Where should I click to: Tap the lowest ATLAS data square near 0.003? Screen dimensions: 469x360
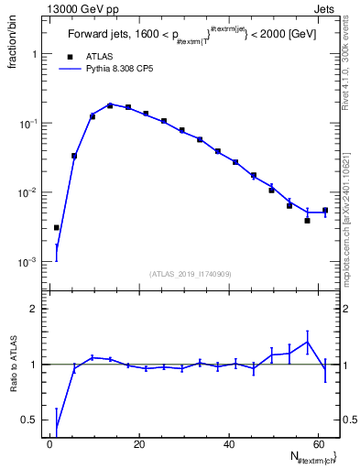[57, 227]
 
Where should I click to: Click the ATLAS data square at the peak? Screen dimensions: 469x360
[110, 105]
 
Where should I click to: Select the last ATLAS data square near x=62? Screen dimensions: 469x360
[325, 210]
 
